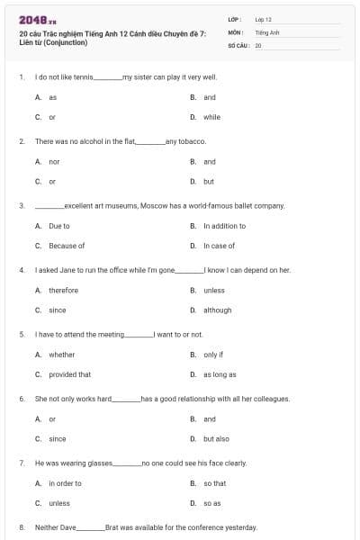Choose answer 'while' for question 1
[x=211, y=117]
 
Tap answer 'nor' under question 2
[x=54, y=162]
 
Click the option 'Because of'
[x=67, y=246]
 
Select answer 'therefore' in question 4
[x=63, y=291]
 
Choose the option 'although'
[x=217, y=310]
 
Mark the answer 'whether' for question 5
[x=61, y=355]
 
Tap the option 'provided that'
[x=69, y=374]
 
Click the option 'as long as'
[x=220, y=374]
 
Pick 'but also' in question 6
[x=216, y=438]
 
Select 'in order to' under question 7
[x=65, y=483]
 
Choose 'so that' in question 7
[x=214, y=483]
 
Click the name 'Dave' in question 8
[x=68, y=527]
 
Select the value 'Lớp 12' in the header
[x=264, y=19]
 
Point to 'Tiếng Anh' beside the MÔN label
[x=267, y=31]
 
